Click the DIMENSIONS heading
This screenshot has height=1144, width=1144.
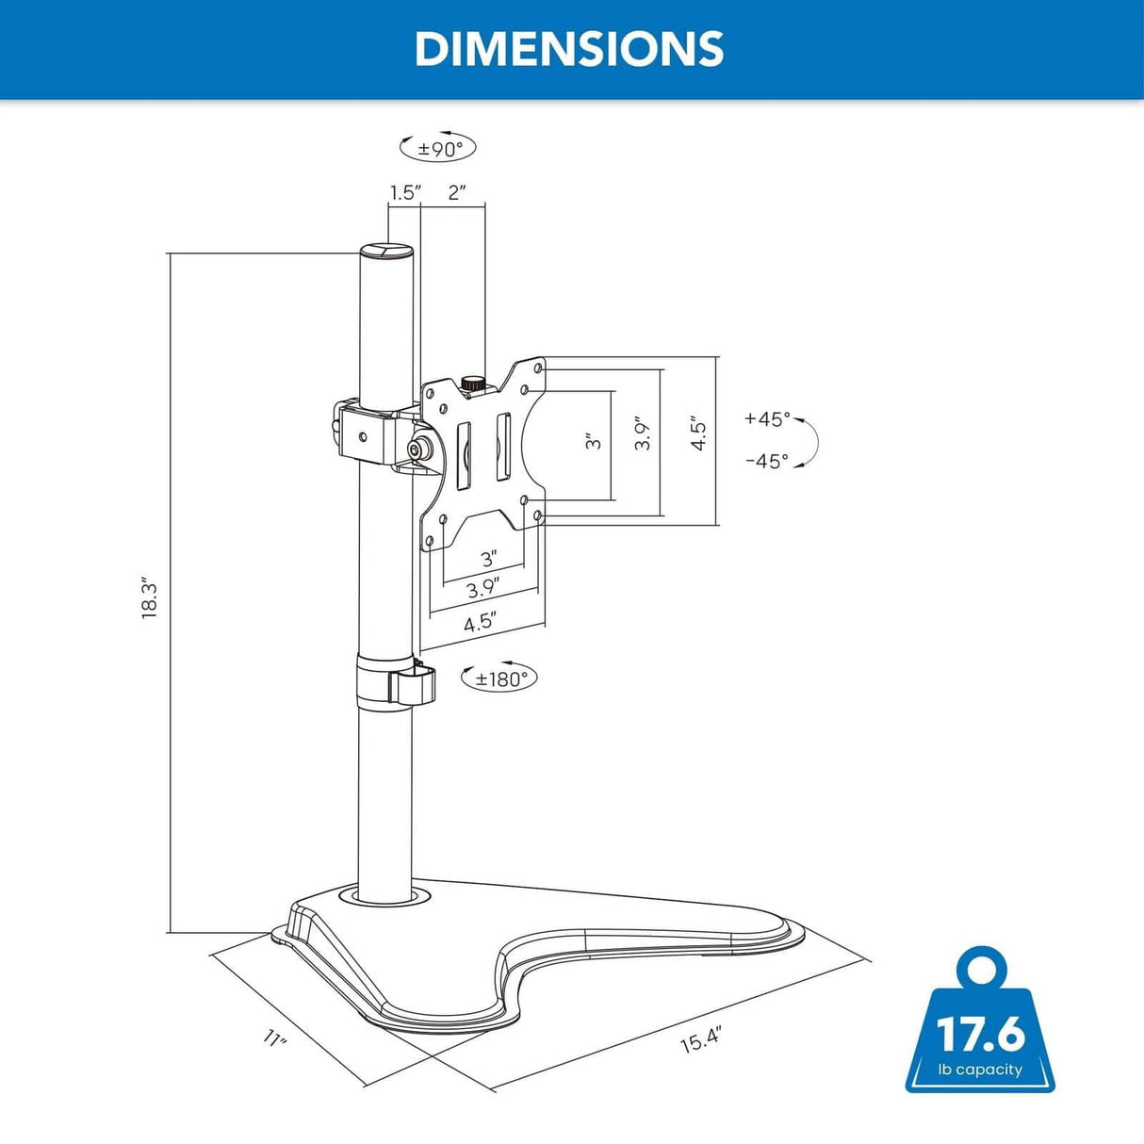pos(569,49)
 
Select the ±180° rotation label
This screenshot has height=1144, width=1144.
pos(499,678)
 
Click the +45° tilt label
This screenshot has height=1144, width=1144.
pos(767,419)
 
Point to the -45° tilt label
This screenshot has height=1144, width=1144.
pos(766,461)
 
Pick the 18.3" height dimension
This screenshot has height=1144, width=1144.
pos(150,597)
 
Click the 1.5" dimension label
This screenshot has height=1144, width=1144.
pos(405,193)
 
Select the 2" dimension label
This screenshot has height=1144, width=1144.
pos(457,193)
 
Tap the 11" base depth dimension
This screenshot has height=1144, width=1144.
pos(275,1038)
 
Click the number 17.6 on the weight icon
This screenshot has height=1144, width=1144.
pos(980,1034)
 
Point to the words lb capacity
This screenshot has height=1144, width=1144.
pos(980,1070)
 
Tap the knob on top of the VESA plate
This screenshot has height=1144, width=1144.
pos(472,384)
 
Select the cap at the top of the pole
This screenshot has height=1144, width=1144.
pos(385,252)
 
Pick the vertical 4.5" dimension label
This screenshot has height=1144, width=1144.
pos(698,433)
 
